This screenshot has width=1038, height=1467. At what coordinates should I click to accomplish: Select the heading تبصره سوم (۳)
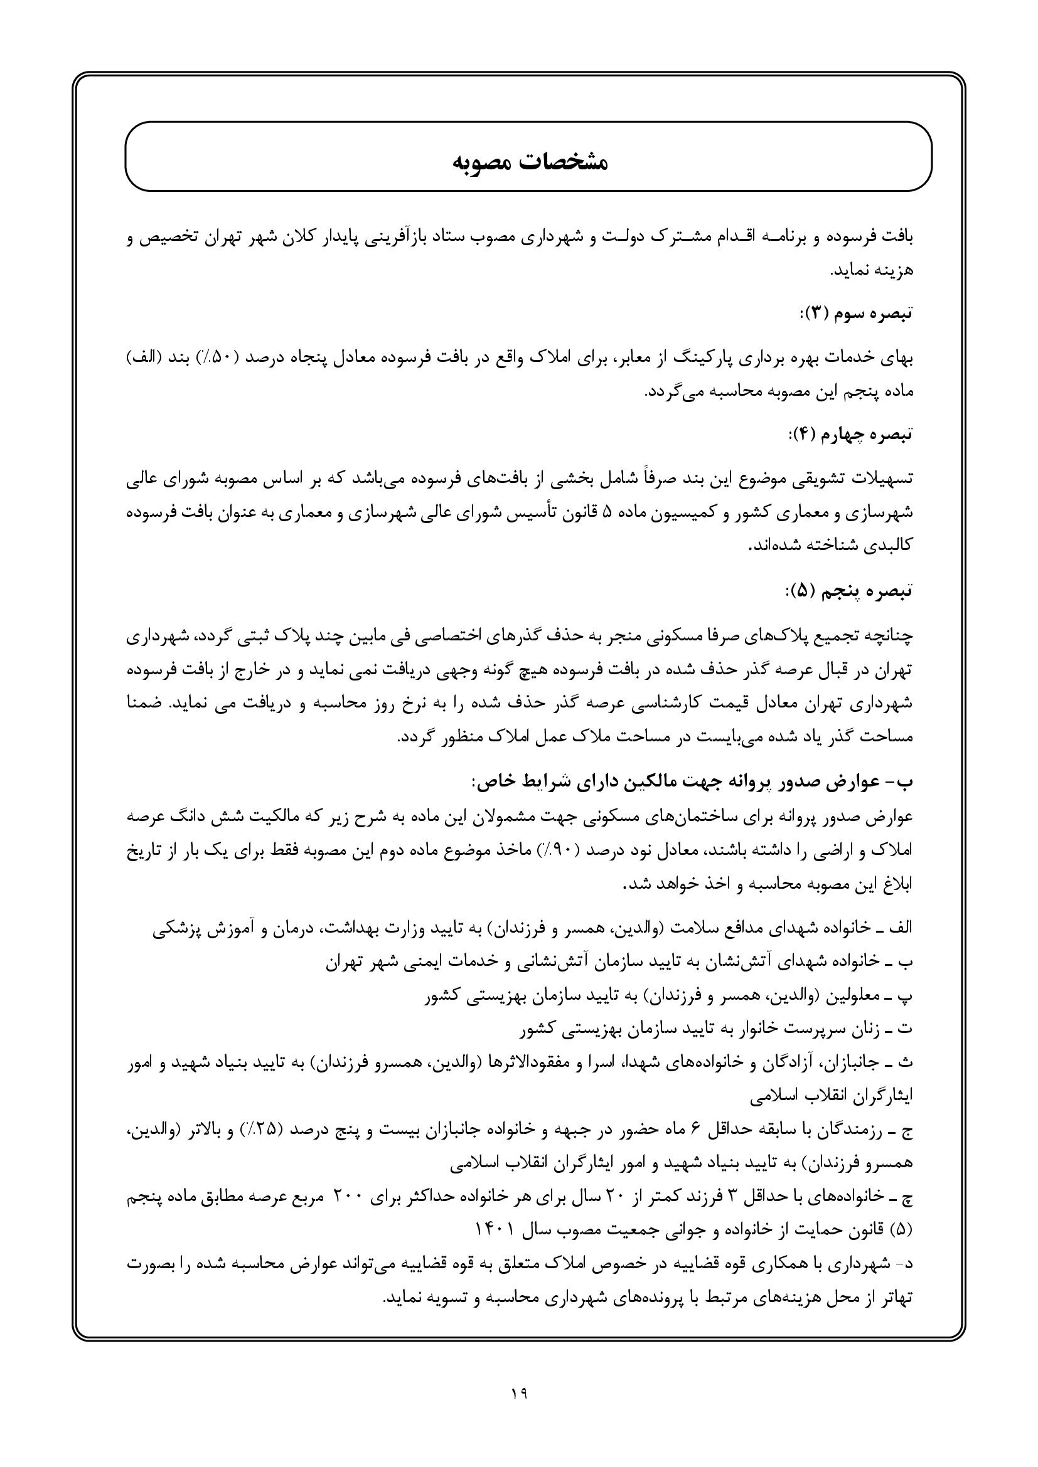point(857,313)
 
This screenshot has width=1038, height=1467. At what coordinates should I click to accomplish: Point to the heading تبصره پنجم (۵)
point(849,591)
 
